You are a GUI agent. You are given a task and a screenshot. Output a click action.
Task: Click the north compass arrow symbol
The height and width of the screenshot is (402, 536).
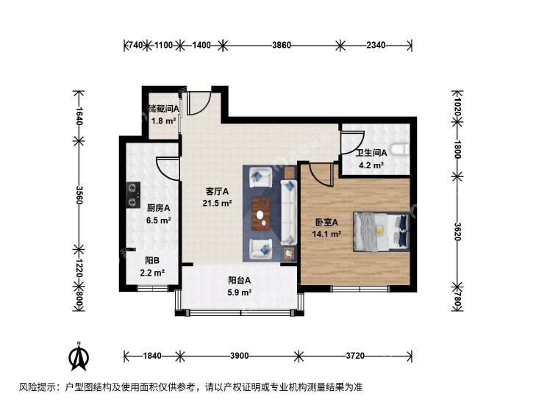pyautogui.click(x=79, y=357)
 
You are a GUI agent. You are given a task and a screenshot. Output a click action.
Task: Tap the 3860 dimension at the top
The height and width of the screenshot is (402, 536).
pyautogui.click(x=282, y=45)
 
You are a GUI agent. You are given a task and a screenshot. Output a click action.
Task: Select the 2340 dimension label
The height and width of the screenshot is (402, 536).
pyautogui.click(x=376, y=45)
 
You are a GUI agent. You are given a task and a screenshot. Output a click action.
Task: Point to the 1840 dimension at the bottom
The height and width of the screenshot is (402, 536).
pyautogui.click(x=152, y=356)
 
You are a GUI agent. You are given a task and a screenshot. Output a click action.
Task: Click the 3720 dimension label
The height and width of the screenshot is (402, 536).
pyautogui.click(x=355, y=356)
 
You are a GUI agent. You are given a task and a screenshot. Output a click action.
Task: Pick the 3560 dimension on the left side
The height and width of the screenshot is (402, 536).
pyautogui.click(x=79, y=195)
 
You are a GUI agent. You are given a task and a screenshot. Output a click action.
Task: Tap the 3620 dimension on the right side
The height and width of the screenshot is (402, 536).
pyautogui.click(x=458, y=231)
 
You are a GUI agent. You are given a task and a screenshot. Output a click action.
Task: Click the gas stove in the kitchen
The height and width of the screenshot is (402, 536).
pyautogui.click(x=133, y=195)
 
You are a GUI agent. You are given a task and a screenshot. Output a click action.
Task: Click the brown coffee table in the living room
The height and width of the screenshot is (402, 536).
pyautogui.click(x=262, y=214)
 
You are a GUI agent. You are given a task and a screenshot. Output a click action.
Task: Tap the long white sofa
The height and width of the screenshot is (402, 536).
pyautogui.click(x=289, y=212)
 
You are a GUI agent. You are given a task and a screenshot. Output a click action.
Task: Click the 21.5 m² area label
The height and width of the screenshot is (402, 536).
pyautogui.click(x=218, y=204)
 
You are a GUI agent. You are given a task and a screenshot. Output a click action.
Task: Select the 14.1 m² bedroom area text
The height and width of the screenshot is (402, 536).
pyautogui.click(x=326, y=234)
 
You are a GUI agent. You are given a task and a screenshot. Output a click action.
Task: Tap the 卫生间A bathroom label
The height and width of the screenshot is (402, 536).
pyautogui.click(x=371, y=153)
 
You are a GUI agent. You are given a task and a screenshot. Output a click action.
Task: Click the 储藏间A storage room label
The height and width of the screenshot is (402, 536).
pyautogui.click(x=163, y=109)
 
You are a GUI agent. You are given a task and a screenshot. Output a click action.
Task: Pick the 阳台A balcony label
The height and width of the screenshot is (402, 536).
pyautogui.click(x=239, y=281)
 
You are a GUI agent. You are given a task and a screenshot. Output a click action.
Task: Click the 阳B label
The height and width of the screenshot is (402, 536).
pyautogui.click(x=152, y=261)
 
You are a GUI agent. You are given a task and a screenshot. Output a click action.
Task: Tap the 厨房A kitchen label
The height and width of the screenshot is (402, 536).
pyautogui.click(x=158, y=208)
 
